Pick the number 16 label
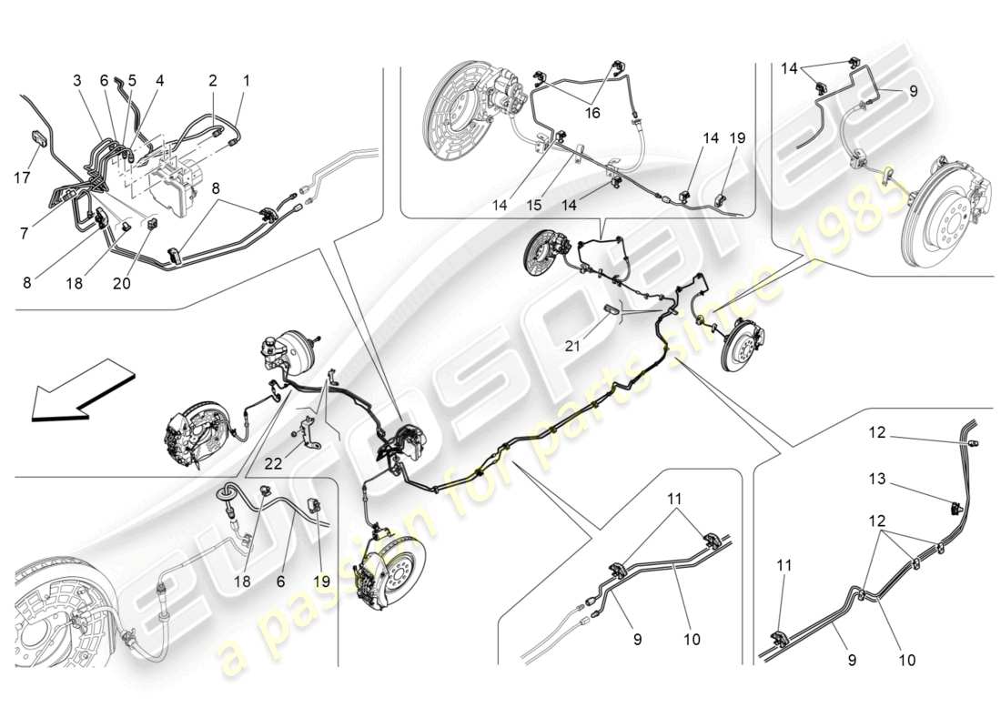(x=593, y=114)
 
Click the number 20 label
(x=121, y=284)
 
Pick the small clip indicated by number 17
(x=38, y=137)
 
